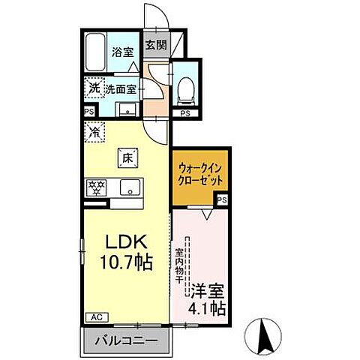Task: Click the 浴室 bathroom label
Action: coord(122,53)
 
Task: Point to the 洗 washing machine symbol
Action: coord(94,88)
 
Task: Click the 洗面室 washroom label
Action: coord(119,88)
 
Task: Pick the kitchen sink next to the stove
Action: coord(125,187)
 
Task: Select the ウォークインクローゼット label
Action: coord(198,175)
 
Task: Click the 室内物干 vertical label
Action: coord(180,266)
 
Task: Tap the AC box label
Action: coord(95,317)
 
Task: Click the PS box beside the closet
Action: coord(221,200)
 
